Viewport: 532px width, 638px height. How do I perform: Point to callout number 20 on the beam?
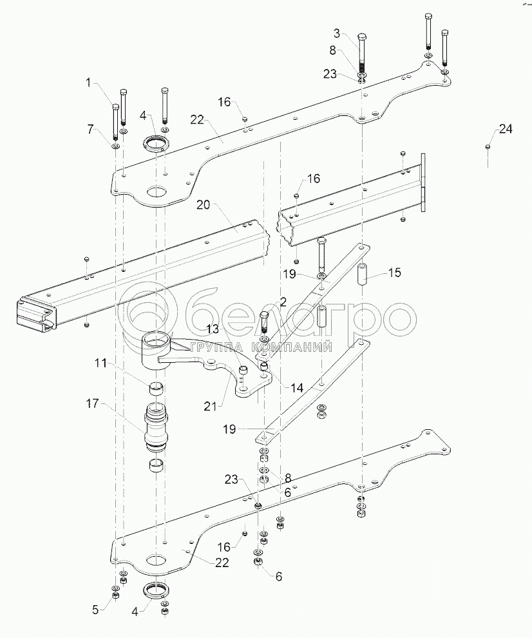(204, 206)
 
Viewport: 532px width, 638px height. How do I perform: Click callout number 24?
(506, 129)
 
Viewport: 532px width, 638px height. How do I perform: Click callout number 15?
(394, 273)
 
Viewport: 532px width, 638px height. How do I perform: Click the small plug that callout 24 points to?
(488, 148)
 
